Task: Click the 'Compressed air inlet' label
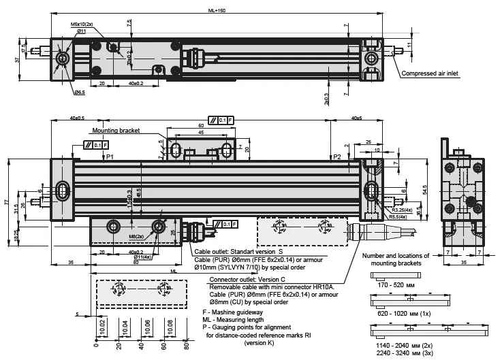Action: point(433,73)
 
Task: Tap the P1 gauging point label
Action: point(110,157)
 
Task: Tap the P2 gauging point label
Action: point(336,157)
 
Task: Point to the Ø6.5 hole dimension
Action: point(80,92)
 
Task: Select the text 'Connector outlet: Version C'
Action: point(249,280)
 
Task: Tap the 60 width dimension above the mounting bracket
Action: point(201,126)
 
